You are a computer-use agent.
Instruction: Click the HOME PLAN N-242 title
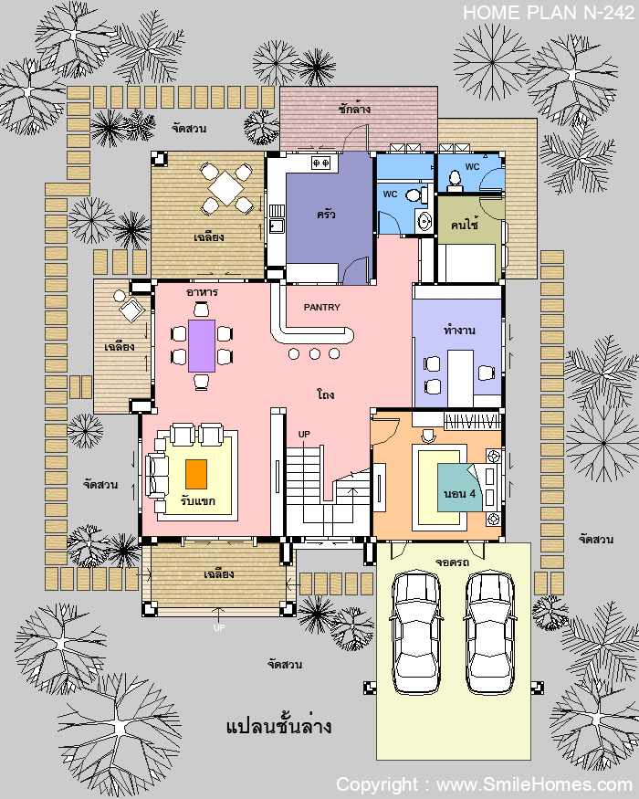[549, 13]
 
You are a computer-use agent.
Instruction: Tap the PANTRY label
[321, 307]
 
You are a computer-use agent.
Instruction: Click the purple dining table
[201, 345]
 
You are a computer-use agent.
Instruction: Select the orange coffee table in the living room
[196, 474]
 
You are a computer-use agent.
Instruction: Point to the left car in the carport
[416, 633]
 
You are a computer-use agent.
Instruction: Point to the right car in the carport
[489, 633]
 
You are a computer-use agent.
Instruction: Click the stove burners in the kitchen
[321, 163]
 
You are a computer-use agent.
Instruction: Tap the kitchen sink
[277, 226]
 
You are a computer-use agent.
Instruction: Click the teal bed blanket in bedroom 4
[458, 487]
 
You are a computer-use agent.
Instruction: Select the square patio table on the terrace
[225, 188]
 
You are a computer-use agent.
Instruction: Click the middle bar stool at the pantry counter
[314, 353]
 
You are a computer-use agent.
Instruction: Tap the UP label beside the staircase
[304, 434]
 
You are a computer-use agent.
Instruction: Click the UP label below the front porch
[219, 628]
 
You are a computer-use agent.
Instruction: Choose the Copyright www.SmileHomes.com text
[484, 784]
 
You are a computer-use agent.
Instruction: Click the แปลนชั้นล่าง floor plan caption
[278, 726]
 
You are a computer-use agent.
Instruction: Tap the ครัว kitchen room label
[326, 215]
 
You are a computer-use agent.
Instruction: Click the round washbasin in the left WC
[424, 221]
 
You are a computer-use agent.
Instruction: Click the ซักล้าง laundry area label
[354, 109]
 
